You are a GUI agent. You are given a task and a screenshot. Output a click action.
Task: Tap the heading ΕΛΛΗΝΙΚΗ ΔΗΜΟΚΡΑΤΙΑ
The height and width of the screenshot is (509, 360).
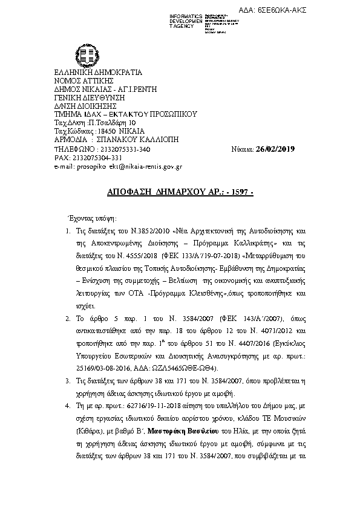pos(98,72)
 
